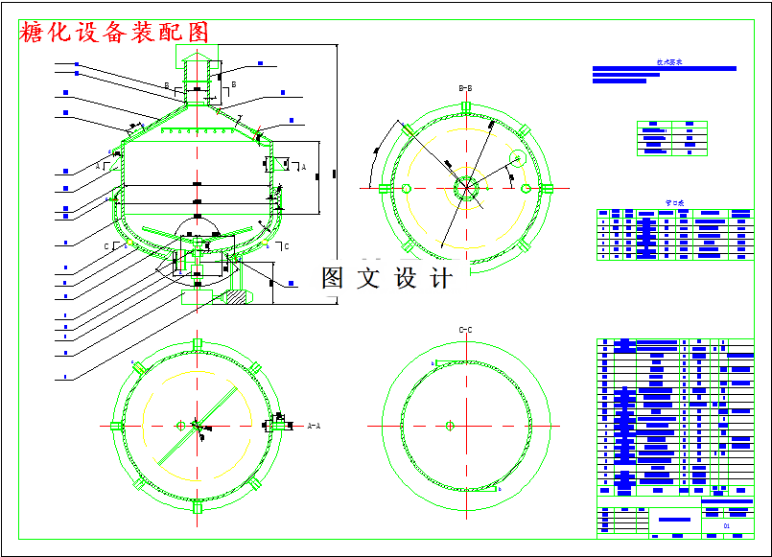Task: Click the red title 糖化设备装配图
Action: click(x=114, y=32)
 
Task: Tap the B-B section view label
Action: click(x=465, y=88)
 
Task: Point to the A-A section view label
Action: click(x=314, y=424)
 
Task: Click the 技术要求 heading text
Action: click(x=668, y=61)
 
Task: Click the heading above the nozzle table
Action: click(x=675, y=203)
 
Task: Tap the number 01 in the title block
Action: click(x=726, y=526)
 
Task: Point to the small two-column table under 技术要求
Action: click(x=671, y=138)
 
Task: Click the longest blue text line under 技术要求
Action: click(x=664, y=69)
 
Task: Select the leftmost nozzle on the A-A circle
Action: click(x=116, y=425)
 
